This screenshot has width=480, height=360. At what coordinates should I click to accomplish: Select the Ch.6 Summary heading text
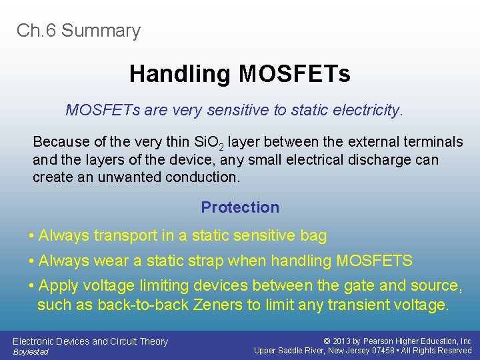pos(79,31)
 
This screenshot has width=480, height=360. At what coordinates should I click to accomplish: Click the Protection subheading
pos(240,207)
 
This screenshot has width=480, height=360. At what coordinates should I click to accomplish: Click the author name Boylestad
pos(31,352)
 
